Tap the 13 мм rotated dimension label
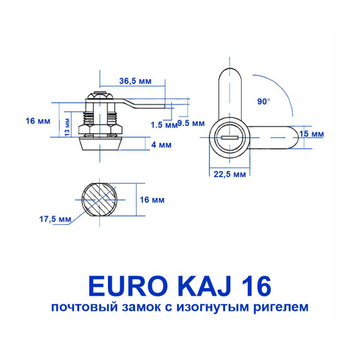pos(67,127)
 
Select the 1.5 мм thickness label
pos(164,125)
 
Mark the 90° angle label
pos(263,102)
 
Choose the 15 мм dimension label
pos(312,134)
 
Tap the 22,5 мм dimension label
pos(230,175)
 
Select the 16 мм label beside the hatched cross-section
pos(152,200)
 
